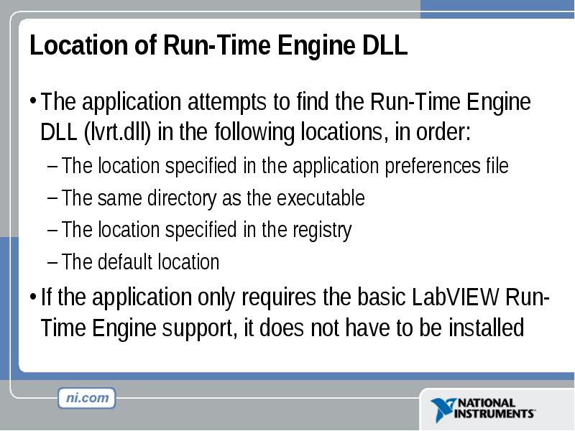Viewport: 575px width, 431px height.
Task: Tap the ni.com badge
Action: (87, 398)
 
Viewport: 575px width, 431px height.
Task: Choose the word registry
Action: (321, 230)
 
